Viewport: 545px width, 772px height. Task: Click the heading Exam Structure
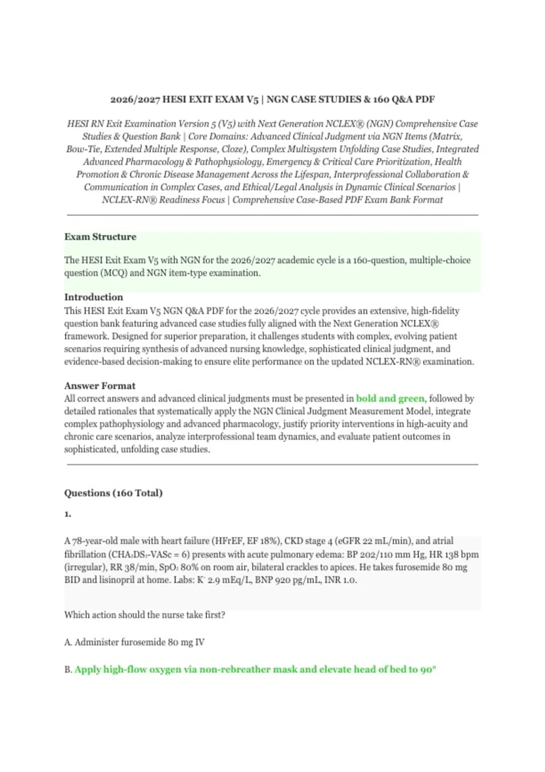tap(100, 237)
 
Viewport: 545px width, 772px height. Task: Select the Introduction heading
tap(94, 297)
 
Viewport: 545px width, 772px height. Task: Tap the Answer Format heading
tap(99, 386)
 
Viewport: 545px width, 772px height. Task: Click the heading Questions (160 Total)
tap(113, 493)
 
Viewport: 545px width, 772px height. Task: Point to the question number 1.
tap(67, 515)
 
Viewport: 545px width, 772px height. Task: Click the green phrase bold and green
tap(390, 399)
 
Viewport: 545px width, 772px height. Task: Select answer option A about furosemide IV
tap(134, 642)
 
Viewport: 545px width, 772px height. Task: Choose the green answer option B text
tap(255, 669)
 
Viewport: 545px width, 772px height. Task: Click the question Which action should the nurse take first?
tap(144, 615)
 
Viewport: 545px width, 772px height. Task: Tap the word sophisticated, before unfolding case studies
tap(91, 450)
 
